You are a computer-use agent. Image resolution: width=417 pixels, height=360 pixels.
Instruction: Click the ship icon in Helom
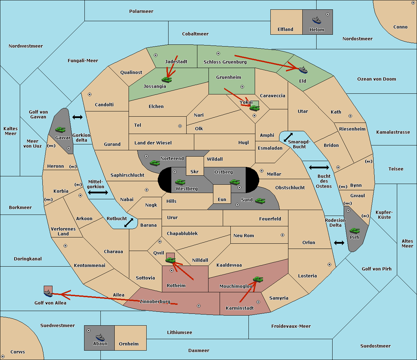(x=317, y=20)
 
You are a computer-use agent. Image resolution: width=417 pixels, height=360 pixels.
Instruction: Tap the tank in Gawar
(x=60, y=130)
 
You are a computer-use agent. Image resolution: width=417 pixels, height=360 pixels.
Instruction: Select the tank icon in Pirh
(x=354, y=231)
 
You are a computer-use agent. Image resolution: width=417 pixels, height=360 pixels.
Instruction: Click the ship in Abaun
(x=100, y=337)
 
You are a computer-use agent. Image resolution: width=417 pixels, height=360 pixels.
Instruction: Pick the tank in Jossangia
(x=167, y=79)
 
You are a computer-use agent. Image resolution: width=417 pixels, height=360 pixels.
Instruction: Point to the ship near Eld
(x=303, y=70)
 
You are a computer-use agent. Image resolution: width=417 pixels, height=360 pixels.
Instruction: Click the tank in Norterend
(x=155, y=163)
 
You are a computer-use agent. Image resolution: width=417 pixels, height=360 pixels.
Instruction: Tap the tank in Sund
(x=260, y=201)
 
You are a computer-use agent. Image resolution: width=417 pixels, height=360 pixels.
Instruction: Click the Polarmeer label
(x=141, y=11)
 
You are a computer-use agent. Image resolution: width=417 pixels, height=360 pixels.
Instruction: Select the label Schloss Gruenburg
(x=225, y=62)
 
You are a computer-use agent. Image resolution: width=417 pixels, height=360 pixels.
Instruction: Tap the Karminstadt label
(x=240, y=308)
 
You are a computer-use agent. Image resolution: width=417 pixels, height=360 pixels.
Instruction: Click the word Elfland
(x=285, y=30)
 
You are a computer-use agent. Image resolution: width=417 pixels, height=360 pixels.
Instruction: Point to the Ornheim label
(x=129, y=344)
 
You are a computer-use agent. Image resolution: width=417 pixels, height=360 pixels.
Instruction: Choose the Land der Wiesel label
(x=153, y=143)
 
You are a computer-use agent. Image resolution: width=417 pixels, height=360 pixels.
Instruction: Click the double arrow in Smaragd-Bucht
(x=288, y=137)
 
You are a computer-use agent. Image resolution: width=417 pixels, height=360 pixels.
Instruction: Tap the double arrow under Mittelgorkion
(x=98, y=192)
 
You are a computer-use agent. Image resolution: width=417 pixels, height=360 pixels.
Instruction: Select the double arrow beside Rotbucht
(x=129, y=223)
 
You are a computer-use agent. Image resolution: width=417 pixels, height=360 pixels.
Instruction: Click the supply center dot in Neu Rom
(x=283, y=235)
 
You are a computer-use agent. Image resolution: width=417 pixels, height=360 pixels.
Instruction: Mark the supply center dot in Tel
(x=180, y=126)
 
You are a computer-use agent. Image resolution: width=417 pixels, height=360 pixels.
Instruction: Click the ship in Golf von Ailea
(x=48, y=294)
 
